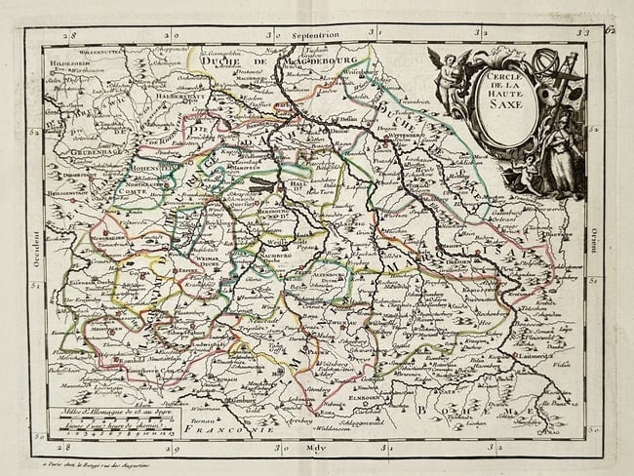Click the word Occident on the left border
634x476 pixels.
point(36,238)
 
